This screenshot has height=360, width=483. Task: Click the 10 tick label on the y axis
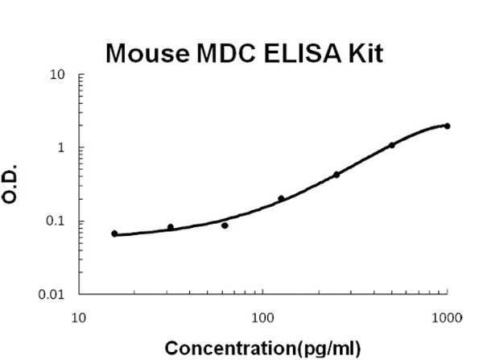tap(58, 76)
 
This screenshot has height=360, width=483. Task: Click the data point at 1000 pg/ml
tap(447, 126)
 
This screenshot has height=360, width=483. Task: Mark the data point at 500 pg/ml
tap(392, 145)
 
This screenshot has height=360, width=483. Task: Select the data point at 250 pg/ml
tap(336, 174)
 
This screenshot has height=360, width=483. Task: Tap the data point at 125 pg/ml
tap(281, 198)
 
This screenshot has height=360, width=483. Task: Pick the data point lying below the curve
tap(225, 226)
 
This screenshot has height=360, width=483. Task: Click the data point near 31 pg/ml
tap(170, 227)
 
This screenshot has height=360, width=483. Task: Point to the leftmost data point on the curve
tap(114, 234)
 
